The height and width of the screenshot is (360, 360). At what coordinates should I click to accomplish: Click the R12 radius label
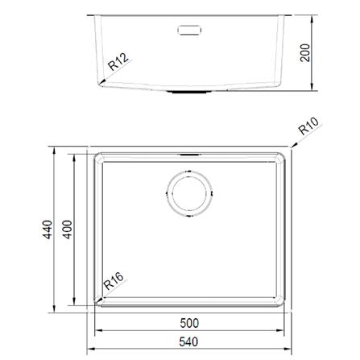point(118,62)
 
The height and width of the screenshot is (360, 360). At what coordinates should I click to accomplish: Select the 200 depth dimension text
point(304,53)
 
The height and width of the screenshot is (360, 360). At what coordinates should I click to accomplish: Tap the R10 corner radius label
point(308,126)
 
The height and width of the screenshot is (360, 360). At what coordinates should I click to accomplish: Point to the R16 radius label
point(114,281)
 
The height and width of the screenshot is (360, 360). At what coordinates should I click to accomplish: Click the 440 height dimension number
point(48,230)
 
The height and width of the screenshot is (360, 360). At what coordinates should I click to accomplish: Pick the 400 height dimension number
point(68,230)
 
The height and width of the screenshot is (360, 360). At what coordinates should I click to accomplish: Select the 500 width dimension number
point(189,323)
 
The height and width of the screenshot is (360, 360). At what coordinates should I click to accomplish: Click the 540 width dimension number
point(188,341)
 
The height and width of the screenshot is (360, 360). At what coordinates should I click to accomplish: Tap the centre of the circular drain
point(190,193)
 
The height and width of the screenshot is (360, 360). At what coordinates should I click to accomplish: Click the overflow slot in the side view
point(189,30)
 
